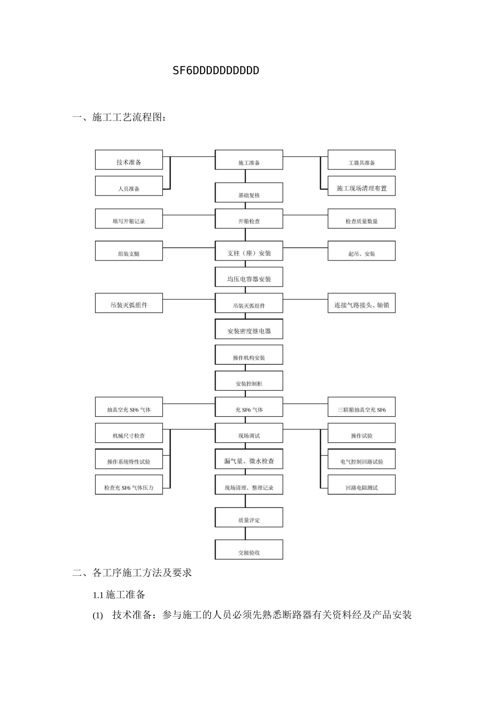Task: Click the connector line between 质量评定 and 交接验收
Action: pyautogui.click(x=245, y=534)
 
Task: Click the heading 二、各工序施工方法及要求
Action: pyautogui.click(x=132, y=573)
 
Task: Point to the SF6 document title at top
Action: pyautogui.click(x=216, y=70)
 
